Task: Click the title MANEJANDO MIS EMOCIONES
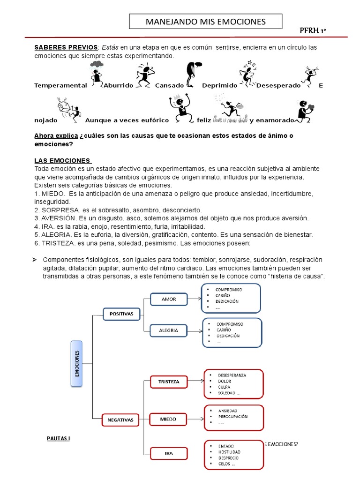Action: click(206, 22)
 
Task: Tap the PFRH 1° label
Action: click(313, 31)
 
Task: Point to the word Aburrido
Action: click(118, 86)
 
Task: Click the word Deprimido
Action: click(219, 86)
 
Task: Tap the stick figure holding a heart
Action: click(305, 111)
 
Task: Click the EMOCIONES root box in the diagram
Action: click(77, 363)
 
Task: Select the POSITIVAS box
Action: click(122, 313)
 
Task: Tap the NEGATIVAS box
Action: click(121, 420)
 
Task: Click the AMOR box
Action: click(169, 299)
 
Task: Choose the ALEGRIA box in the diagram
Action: click(169, 330)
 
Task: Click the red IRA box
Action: click(169, 453)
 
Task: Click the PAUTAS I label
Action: click(59, 439)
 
